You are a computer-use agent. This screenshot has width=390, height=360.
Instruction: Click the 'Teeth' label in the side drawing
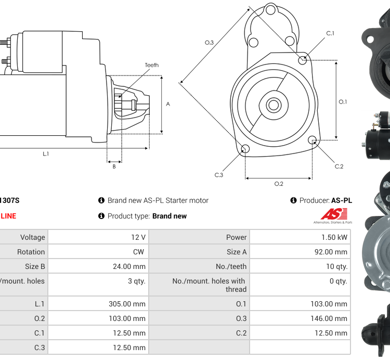click(x=151, y=65)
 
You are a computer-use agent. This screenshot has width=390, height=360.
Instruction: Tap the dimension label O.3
click(x=209, y=42)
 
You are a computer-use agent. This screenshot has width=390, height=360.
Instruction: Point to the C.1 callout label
click(x=330, y=33)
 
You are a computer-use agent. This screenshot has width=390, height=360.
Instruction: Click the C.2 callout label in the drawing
click(x=339, y=166)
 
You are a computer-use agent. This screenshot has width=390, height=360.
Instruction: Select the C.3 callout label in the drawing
click(x=219, y=175)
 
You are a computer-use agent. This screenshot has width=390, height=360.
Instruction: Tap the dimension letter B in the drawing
click(x=114, y=166)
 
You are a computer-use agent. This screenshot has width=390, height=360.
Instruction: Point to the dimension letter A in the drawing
click(x=168, y=104)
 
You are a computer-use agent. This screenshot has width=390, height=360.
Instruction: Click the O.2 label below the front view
click(x=279, y=184)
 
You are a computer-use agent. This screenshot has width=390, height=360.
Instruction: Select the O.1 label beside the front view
click(x=343, y=102)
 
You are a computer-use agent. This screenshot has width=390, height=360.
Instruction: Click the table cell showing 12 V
click(x=138, y=237)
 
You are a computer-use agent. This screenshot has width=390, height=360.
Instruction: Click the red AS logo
click(x=333, y=214)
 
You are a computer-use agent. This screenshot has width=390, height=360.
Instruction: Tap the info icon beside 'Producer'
click(x=293, y=200)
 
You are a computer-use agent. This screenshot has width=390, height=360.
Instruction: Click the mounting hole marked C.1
click(x=303, y=60)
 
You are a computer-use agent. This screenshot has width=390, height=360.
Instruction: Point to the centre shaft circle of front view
click(x=273, y=105)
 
